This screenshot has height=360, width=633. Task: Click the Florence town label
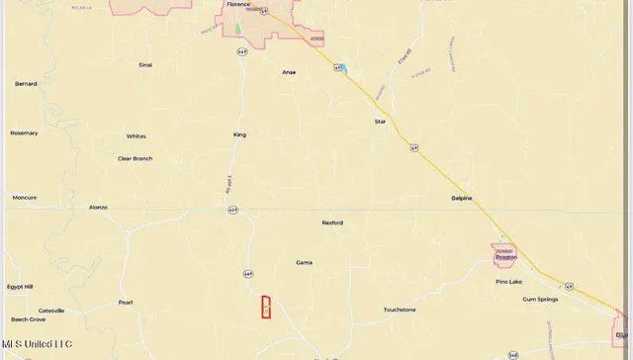238,4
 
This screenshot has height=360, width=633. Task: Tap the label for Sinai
145,64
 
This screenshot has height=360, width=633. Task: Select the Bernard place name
26,84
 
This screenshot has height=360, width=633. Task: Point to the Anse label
289,72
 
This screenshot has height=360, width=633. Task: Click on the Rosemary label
24,133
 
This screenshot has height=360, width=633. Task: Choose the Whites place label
136,136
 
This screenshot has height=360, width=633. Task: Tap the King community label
239,135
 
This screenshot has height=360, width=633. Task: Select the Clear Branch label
136,158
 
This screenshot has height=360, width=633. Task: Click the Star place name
380,122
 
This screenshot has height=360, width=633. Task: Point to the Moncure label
24,198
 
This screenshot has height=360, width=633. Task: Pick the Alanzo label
98,208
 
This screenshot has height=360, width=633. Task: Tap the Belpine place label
462,198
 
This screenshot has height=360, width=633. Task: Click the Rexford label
332,223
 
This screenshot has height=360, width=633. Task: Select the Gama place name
304,263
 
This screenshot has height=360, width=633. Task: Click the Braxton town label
505,257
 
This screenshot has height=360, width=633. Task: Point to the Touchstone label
400,310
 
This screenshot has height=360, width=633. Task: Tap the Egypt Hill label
21,287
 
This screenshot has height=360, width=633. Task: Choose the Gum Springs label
540,299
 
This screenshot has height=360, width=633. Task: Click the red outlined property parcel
265,308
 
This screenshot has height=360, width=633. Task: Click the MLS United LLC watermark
37,344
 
